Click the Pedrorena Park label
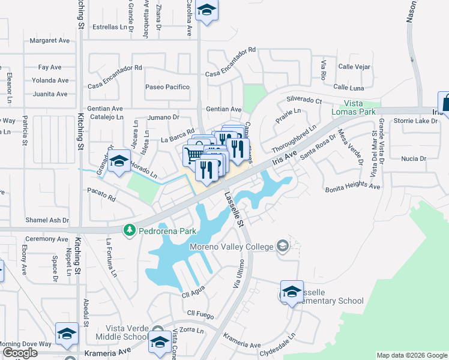[x=167, y=230]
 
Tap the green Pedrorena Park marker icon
[x=129, y=230]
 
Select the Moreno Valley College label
[x=232, y=246]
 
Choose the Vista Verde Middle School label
[x=127, y=332]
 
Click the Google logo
[x=20, y=353]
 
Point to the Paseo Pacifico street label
[x=167, y=87]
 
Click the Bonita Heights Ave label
[x=353, y=187]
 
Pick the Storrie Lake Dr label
[x=416, y=121]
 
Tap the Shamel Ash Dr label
[x=47, y=220]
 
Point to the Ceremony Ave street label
[x=46, y=239]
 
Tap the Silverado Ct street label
[x=304, y=100]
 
